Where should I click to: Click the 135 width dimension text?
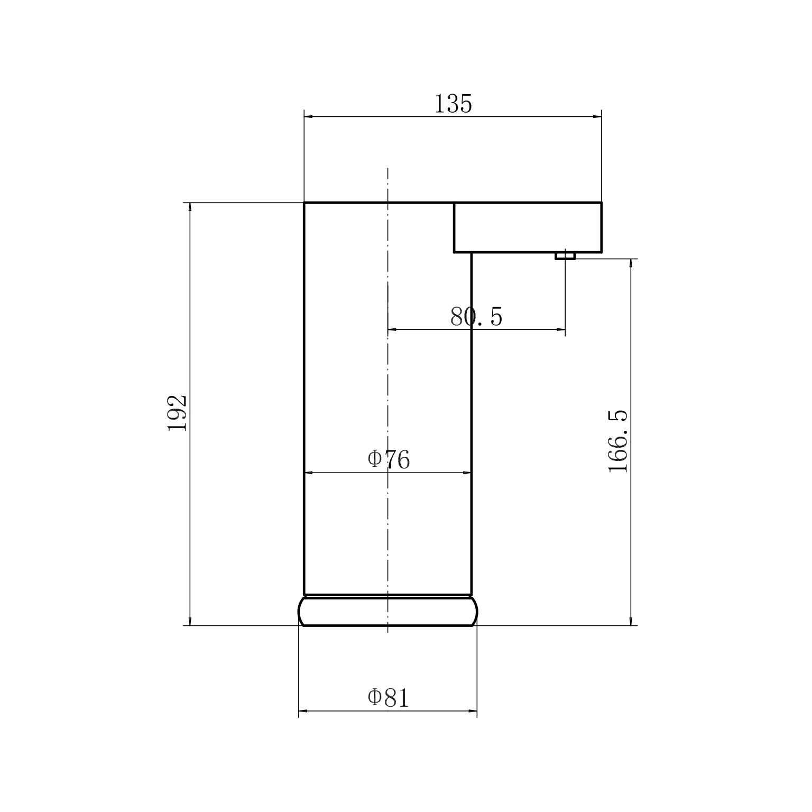[x=453, y=104]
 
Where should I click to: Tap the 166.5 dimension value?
[x=618, y=441]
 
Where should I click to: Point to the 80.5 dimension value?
[x=476, y=317]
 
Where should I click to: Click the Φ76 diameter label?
[x=389, y=459]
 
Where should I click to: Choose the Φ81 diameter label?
[x=389, y=698]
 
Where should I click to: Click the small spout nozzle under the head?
[x=565, y=256]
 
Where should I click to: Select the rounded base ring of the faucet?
[x=388, y=611]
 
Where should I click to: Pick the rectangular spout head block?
[x=528, y=227]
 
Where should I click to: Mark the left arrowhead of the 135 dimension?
[x=309, y=117]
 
